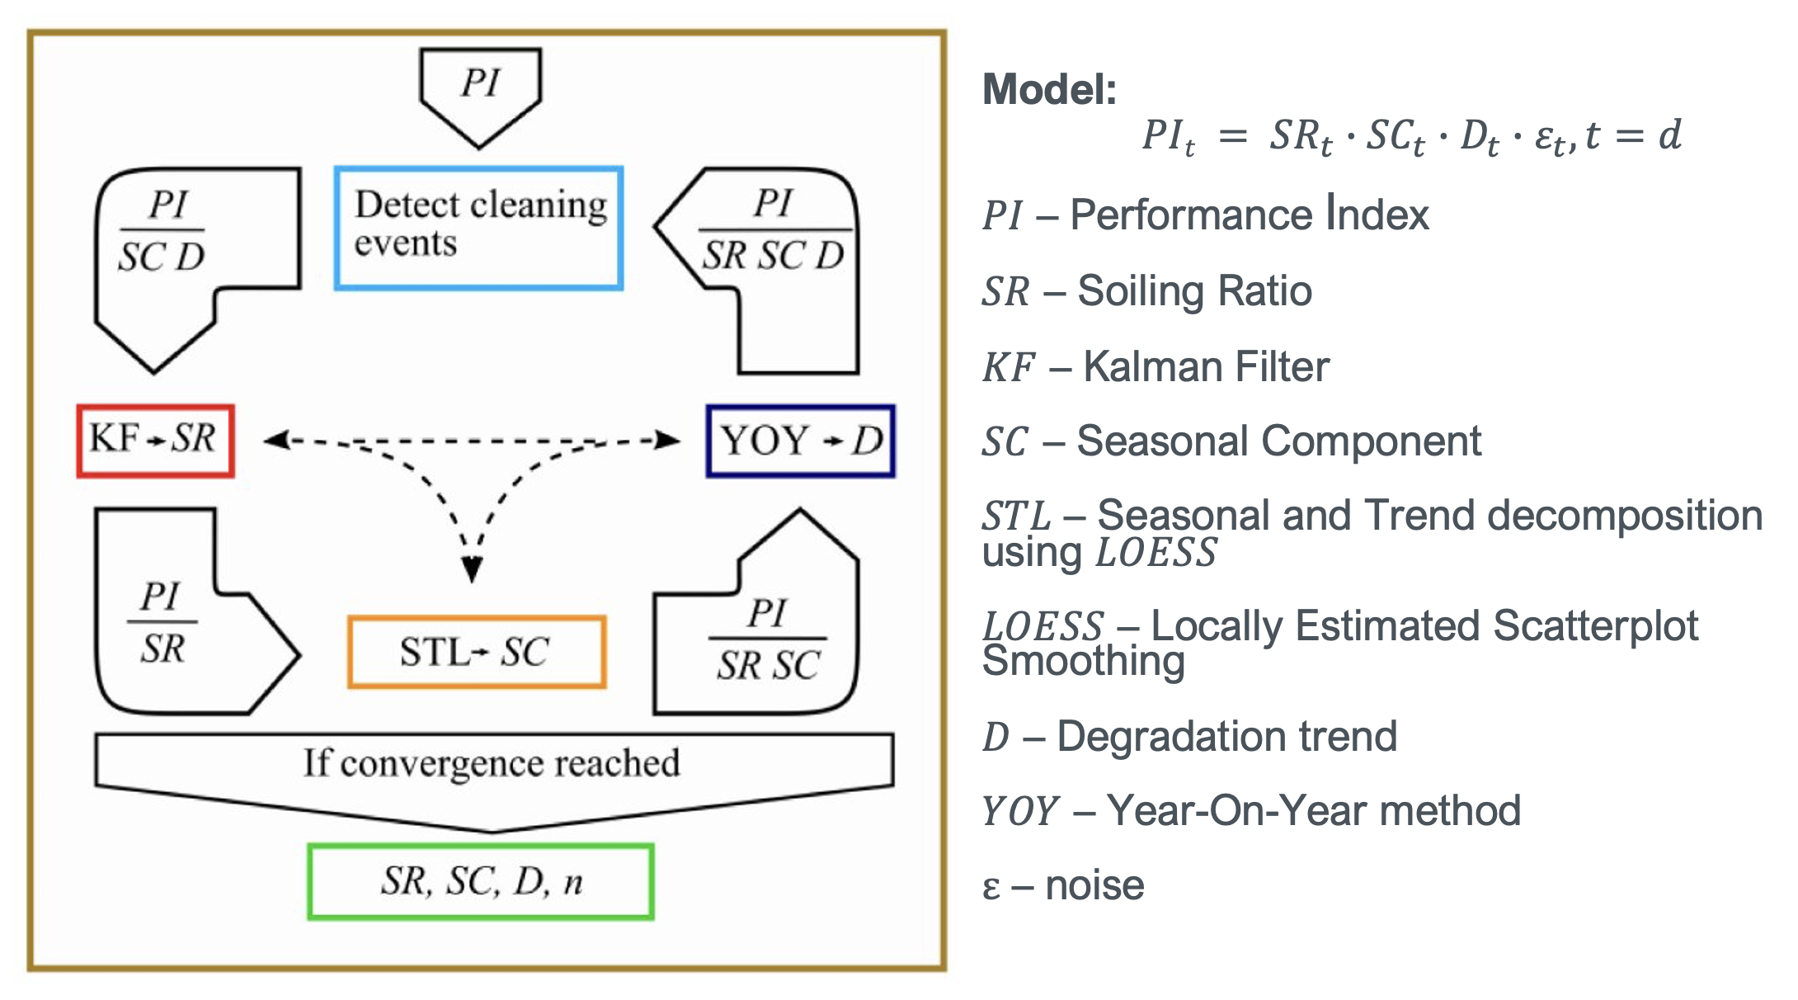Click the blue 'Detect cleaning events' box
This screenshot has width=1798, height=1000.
click(x=478, y=228)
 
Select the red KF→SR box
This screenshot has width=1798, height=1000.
click(x=155, y=441)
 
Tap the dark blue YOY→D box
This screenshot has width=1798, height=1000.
click(x=800, y=441)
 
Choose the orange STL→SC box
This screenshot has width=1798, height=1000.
click(x=477, y=652)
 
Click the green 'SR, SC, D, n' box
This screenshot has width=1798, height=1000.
click(x=481, y=881)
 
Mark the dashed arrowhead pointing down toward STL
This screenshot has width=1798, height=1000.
click(x=472, y=569)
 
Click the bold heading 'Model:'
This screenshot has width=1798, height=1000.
click(x=1049, y=89)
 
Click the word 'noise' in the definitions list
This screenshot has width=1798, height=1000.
click(x=1094, y=886)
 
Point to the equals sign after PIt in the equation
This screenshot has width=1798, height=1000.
click(x=1232, y=136)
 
